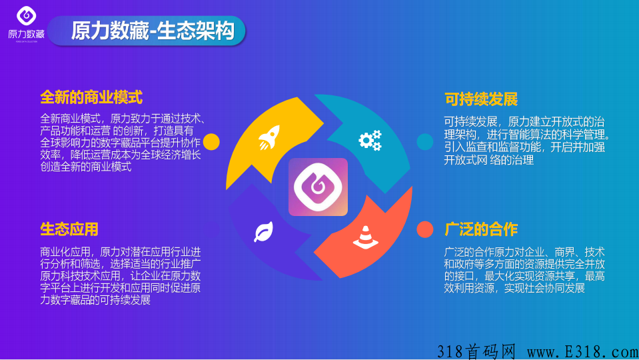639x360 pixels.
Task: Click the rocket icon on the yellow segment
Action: click(x=269, y=137)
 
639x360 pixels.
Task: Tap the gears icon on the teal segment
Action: click(x=370, y=140)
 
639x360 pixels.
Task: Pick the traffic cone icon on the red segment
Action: click(x=366, y=237)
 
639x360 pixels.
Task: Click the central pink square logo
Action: click(x=318, y=187)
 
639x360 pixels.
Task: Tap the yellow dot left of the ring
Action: click(x=211, y=142)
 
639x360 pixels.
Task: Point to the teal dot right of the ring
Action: click(x=425, y=142)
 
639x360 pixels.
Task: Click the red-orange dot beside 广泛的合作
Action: click(x=425, y=229)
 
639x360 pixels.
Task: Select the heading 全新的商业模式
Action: click(x=91, y=97)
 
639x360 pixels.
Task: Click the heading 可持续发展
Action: click(x=481, y=99)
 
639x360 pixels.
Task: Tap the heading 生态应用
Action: click(x=69, y=229)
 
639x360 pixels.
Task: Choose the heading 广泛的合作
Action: click(x=481, y=229)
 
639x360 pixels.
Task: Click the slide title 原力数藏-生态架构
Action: click(x=153, y=31)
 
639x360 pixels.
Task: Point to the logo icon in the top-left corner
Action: click(x=27, y=16)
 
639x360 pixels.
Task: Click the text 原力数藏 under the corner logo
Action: click(x=27, y=34)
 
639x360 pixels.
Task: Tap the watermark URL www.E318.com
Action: click(x=583, y=351)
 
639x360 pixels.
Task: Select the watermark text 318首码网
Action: click(x=476, y=351)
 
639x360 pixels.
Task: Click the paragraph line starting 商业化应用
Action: click(x=120, y=251)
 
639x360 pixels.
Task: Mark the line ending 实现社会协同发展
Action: click(x=514, y=288)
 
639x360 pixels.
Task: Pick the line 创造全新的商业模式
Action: click(x=85, y=167)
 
